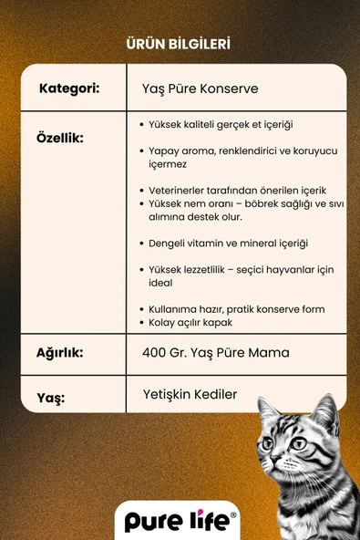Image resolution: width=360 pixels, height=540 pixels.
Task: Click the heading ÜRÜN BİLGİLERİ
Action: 180,44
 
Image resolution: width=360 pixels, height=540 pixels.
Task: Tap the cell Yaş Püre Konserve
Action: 201,89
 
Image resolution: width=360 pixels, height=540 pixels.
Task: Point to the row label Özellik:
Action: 60,138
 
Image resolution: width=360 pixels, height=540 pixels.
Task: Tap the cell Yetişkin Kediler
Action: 190,394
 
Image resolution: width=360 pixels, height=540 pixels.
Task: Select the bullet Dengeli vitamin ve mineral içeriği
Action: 228,244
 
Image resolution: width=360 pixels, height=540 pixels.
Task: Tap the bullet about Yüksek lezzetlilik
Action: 242,276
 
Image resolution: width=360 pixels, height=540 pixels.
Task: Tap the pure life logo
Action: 180,521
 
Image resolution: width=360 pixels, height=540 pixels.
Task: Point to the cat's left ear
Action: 267,407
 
